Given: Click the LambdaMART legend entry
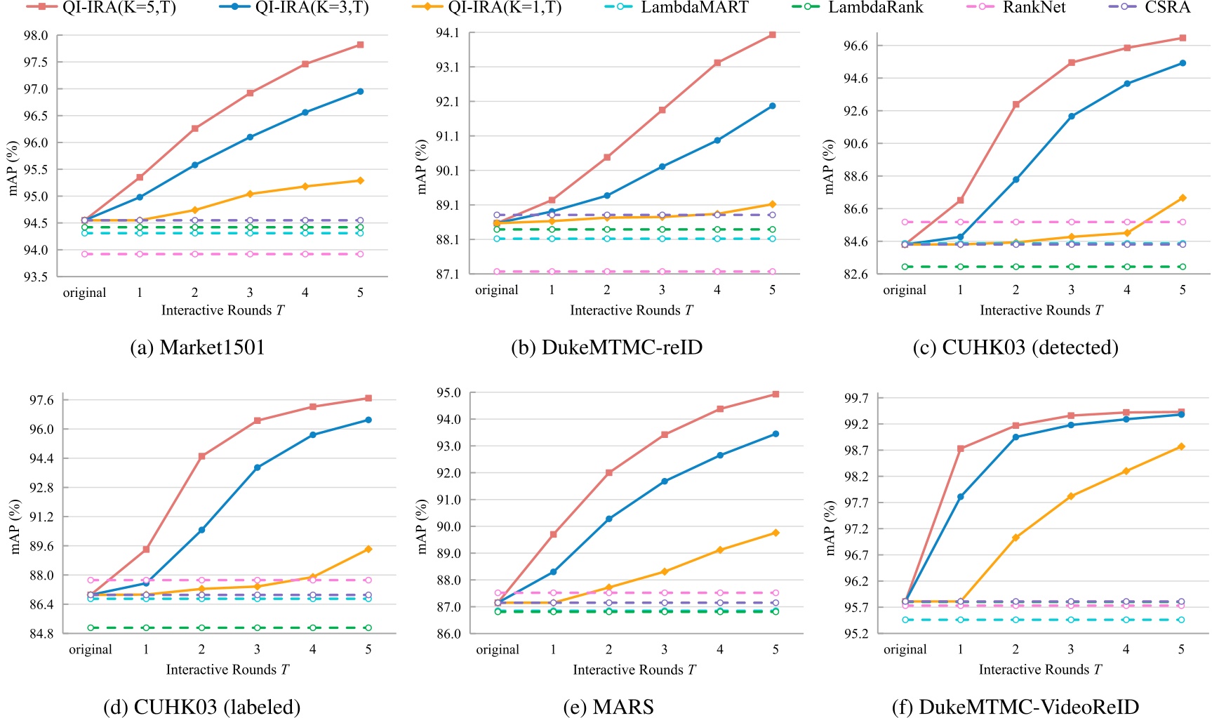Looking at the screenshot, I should [x=693, y=8].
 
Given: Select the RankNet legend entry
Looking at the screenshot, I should [x=1033, y=8].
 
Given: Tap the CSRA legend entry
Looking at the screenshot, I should [x=1167, y=8].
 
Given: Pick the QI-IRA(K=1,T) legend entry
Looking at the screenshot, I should [x=505, y=8].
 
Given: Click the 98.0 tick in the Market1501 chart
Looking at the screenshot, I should [x=36, y=36].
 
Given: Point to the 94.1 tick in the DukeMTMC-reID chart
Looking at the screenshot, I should [x=447, y=33].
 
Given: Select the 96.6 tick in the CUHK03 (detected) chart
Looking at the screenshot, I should [x=855, y=46].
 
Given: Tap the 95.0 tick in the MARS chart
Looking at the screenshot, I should [x=448, y=393].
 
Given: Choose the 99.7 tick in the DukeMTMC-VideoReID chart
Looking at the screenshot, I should [x=855, y=399].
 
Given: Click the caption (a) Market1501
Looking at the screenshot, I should [x=197, y=347].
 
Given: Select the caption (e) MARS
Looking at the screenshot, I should [x=608, y=707].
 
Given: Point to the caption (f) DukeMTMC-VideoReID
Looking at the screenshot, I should [x=1015, y=707].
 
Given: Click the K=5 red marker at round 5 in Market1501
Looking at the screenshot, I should [x=360, y=45].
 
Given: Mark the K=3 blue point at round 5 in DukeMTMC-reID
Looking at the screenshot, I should [x=772, y=106].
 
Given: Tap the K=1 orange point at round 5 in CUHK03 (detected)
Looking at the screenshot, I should [x=1183, y=198].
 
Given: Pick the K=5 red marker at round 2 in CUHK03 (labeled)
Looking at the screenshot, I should [x=202, y=456].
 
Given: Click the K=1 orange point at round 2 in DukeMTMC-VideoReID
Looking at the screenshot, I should [x=1015, y=538].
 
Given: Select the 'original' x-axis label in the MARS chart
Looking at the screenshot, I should [x=498, y=650].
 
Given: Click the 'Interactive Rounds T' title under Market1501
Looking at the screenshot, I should [x=222, y=310].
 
